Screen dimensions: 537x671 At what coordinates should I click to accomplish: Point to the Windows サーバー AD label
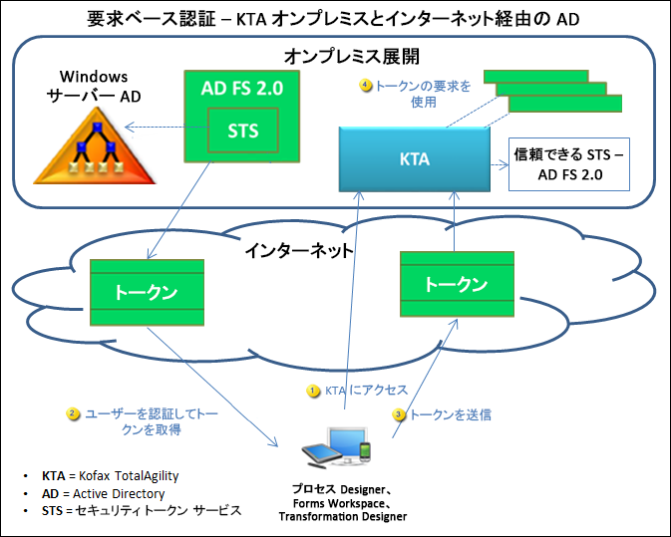(x=96, y=86)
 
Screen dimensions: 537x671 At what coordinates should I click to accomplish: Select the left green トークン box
(x=146, y=291)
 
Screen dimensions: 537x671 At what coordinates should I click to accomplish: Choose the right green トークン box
(x=457, y=283)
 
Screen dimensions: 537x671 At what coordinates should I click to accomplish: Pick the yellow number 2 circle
(x=73, y=412)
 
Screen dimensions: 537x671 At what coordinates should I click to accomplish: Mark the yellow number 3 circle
(x=399, y=413)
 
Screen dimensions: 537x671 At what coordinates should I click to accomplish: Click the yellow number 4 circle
(x=366, y=86)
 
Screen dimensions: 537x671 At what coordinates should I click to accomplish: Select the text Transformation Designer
(x=343, y=516)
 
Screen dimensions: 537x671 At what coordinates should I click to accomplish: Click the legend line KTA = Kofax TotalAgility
(x=110, y=476)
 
